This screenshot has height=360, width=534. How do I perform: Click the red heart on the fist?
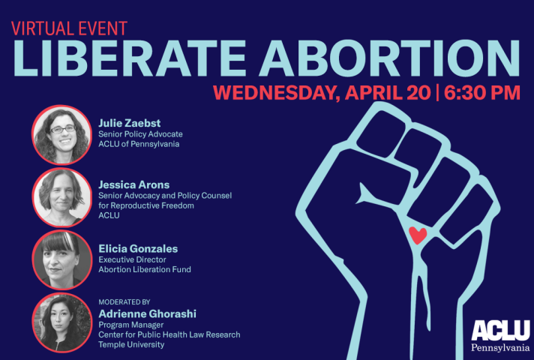click(x=418, y=235)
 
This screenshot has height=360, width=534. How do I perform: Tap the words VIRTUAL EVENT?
click(x=69, y=28)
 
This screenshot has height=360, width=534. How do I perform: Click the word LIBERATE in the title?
click(x=130, y=58)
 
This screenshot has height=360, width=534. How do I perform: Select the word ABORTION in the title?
click(x=389, y=58)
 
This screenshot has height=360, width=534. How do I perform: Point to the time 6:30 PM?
click(x=482, y=92)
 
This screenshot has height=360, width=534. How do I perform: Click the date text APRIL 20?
click(x=388, y=92)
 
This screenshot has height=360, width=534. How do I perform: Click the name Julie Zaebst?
click(x=130, y=123)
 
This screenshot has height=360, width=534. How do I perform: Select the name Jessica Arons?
click(x=133, y=184)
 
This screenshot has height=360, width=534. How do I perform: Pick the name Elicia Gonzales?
click(x=138, y=249)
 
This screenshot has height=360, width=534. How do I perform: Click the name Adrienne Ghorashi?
click(x=147, y=313)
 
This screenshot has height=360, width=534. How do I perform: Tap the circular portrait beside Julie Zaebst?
click(x=61, y=135)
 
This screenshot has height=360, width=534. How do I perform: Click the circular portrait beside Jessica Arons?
click(x=61, y=197)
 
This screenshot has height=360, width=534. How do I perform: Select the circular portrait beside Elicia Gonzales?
click(x=61, y=259)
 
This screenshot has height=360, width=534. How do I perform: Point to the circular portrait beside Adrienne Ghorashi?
click(x=61, y=322)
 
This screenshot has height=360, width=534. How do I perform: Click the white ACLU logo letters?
click(x=501, y=330)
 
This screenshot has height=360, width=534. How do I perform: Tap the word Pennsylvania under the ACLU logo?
click(x=501, y=347)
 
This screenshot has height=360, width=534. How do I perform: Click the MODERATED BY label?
click(x=124, y=302)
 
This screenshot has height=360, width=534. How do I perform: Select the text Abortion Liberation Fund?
click(x=145, y=269)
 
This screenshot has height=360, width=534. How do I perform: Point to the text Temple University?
click(x=131, y=345)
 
